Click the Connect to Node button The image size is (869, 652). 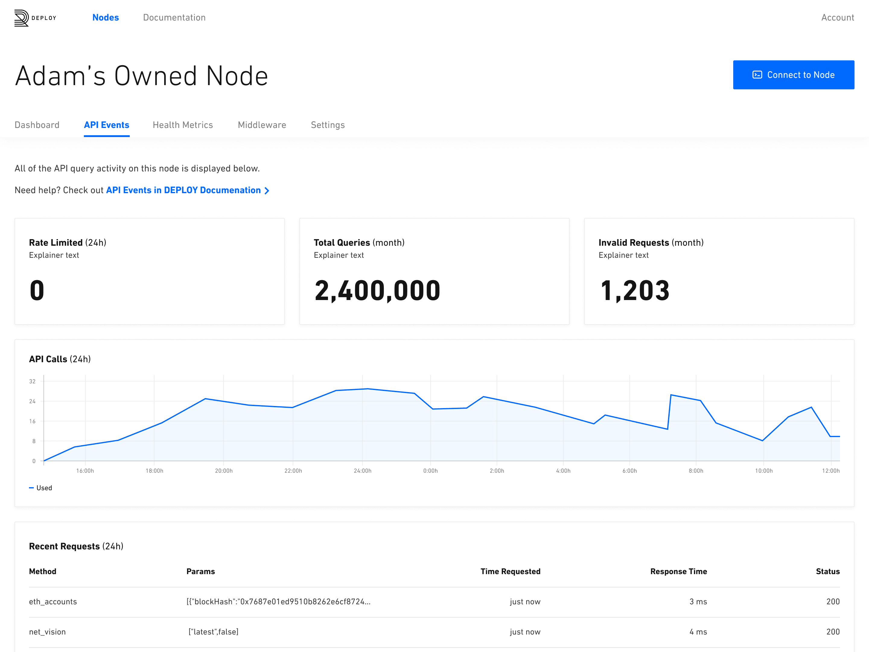coord(793,75)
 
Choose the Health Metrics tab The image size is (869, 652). coord(183,125)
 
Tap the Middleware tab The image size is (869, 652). coord(262,125)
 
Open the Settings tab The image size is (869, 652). coord(328,125)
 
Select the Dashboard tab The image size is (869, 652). coord(37,125)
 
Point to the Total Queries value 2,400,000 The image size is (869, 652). coord(377,291)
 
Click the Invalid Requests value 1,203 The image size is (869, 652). coord(635,291)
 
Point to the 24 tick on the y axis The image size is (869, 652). coord(32,401)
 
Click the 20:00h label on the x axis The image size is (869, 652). coord(224,471)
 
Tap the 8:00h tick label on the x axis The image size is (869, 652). coord(696,471)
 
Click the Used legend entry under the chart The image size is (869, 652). coord(40,488)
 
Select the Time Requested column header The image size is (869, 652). coord(510,571)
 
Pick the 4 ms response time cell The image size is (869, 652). coord(698,632)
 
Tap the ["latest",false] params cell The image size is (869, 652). coord(213,632)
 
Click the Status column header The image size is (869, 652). coord(828,571)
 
